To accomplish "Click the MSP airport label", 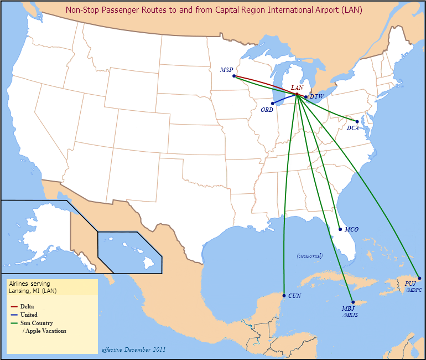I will click(226, 70).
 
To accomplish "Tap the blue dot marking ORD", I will click(273, 103).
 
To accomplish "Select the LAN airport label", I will click(297, 88).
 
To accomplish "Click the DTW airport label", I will click(316, 96).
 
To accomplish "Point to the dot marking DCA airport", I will click(357, 121).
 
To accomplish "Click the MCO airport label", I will click(351, 229).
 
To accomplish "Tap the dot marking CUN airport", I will click(284, 296).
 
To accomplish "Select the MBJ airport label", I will click(348, 308).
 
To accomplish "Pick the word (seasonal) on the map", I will click(309, 255).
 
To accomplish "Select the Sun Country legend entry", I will click(37, 323).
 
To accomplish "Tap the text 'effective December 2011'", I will click(133, 349).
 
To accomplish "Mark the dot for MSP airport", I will click(234, 76).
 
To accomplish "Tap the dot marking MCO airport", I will click(339, 229).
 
